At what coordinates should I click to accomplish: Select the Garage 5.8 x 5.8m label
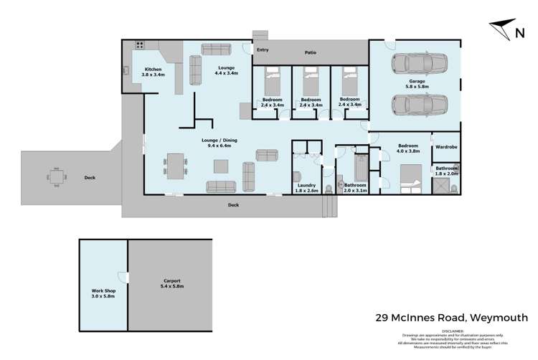[417, 85]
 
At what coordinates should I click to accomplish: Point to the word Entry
[263, 50]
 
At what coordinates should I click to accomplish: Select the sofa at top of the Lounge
[215, 49]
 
